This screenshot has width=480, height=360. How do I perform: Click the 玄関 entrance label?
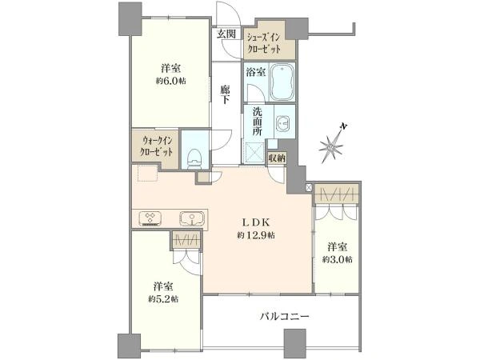tap(226, 34)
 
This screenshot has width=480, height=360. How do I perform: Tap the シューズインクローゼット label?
tap(270, 43)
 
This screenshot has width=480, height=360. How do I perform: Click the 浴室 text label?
tap(255, 71)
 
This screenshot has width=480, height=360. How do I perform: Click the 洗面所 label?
tap(257, 122)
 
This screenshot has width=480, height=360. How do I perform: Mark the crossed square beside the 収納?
tap(310, 187)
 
